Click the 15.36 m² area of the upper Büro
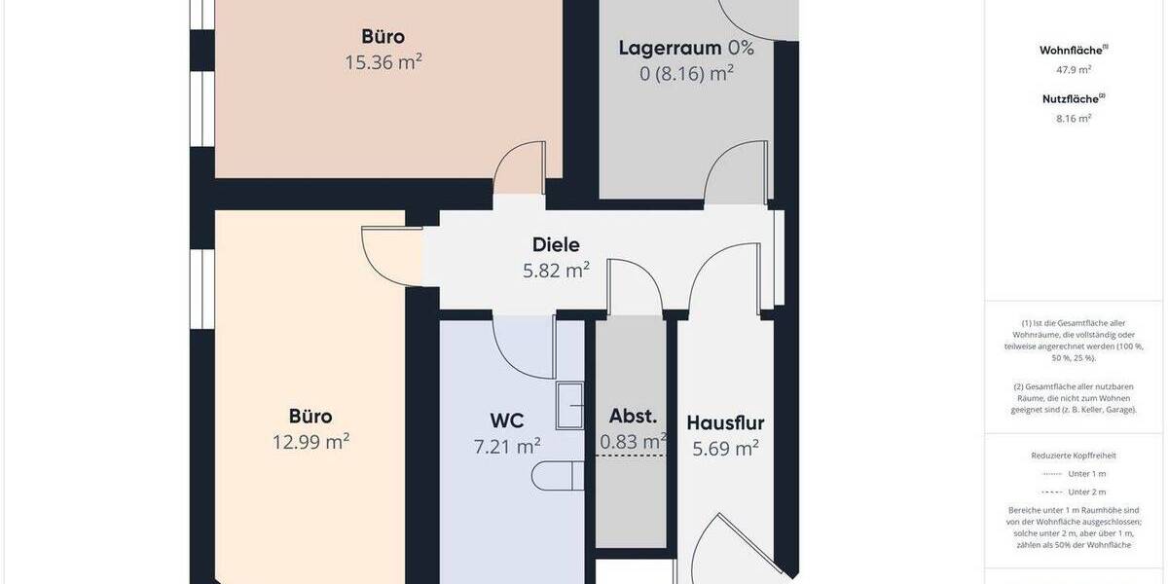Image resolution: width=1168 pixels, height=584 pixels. [x=383, y=62]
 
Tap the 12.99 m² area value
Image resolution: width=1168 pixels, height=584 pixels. [x=310, y=442]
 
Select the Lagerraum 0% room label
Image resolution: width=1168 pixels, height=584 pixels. [x=686, y=48]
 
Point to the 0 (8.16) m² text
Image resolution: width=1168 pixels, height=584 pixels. [x=686, y=73]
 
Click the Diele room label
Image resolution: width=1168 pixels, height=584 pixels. [x=556, y=245]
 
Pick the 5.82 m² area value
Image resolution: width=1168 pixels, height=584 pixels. [x=556, y=271]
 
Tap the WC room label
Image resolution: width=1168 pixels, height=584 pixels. [x=507, y=421]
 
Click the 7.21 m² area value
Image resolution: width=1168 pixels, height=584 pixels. [x=507, y=447]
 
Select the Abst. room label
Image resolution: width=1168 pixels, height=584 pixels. [x=633, y=417]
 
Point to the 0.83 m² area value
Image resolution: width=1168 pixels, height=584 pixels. [x=633, y=442]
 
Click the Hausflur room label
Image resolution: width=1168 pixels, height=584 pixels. [x=725, y=423]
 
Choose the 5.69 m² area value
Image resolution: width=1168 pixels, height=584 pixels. [x=725, y=449]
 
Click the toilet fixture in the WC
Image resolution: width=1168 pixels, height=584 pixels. [x=557, y=476]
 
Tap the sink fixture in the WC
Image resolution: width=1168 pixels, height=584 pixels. [x=569, y=405]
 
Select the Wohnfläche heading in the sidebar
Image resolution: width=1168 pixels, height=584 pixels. [x=1074, y=49]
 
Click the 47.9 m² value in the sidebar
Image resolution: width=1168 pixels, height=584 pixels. [x=1074, y=69]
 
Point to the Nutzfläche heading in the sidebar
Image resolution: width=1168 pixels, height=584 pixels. [x=1074, y=97]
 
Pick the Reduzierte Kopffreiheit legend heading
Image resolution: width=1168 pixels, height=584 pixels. [x=1074, y=455]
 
